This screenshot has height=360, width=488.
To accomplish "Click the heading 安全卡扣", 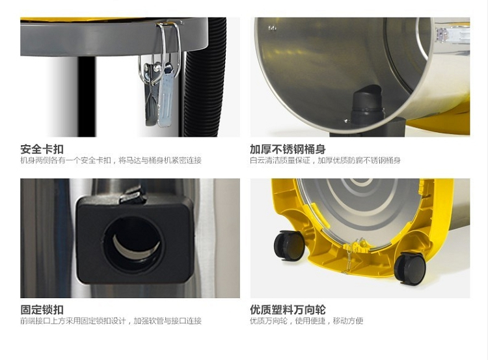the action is coord(42,149).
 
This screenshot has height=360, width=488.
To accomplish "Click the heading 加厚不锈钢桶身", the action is coord(288,149).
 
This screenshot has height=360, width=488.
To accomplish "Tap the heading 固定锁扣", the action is coord(42,310).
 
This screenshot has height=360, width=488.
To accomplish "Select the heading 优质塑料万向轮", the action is coord(288,310).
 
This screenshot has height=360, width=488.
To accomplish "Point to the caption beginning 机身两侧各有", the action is coord(111,160).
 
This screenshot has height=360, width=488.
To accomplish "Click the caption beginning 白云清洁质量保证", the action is coord(325,160).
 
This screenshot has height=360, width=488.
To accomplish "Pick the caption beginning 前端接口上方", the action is coord(111,321).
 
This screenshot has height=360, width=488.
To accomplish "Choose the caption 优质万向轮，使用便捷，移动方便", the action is coord(306,321).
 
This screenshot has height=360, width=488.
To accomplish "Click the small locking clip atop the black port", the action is coord(132,195).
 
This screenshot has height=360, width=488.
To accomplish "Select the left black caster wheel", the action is coord(289,245).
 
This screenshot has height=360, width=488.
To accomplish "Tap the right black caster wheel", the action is coord(410,268).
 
